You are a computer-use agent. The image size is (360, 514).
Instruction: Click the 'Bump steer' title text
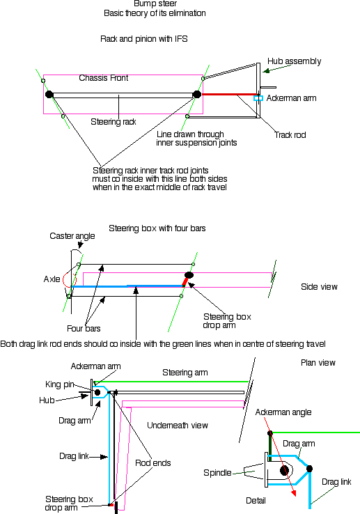(x=155, y=3)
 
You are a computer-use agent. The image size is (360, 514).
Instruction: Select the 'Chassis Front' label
(x=104, y=78)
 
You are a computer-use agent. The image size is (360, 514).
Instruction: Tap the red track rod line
(x=230, y=95)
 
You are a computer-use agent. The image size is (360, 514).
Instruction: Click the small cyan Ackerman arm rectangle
(x=258, y=98)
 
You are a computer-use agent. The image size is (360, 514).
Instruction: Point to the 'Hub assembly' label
(x=294, y=61)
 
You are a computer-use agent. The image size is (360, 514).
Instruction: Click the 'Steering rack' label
(x=114, y=122)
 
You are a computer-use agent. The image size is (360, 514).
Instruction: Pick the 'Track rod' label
(x=290, y=135)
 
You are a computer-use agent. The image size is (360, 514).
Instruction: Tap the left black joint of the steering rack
(x=49, y=95)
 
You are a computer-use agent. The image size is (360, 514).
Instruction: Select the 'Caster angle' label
(x=72, y=236)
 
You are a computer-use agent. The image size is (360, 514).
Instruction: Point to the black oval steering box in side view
(x=189, y=275)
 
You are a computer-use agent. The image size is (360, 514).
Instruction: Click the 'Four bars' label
(x=84, y=329)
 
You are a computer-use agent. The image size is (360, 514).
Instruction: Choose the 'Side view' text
(x=319, y=287)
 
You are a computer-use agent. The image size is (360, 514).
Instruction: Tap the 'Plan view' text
(x=318, y=363)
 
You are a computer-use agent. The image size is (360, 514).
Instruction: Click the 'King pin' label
(x=60, y=384)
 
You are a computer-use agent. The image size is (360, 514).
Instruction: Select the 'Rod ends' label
(x=153, y=463)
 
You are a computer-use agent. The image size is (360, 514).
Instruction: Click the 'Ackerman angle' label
(x=283, y=412)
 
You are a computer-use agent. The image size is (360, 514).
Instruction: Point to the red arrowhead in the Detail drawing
(x=294, y=493)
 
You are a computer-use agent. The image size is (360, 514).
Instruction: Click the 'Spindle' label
(x=217, y=473)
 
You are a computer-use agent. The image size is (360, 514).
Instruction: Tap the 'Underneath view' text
(x=178, y=426)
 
